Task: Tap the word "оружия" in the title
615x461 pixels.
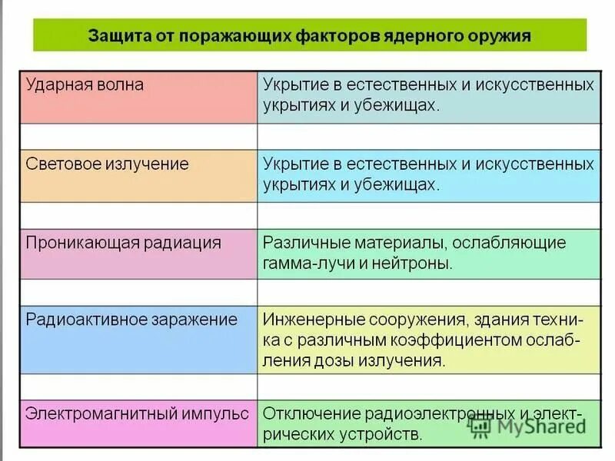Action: point(499,36)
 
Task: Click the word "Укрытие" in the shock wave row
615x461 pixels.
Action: point(295,85)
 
